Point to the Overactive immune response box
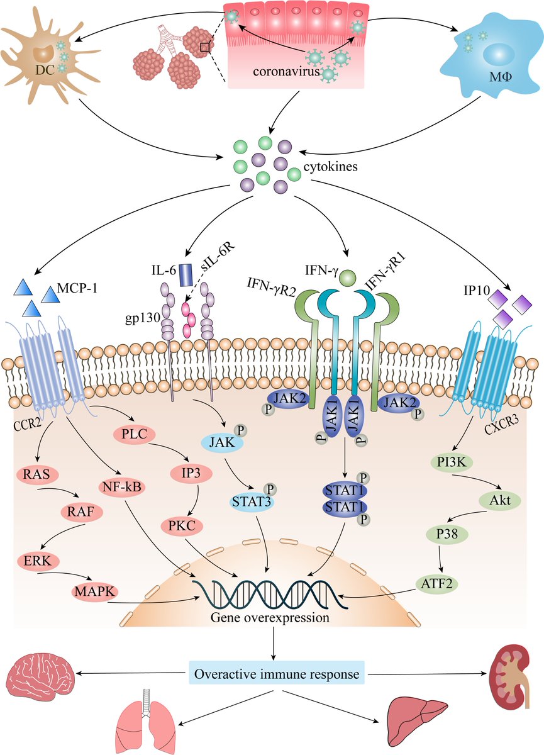click(x=277, y=674)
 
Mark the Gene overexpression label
click(x=271, y=618)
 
